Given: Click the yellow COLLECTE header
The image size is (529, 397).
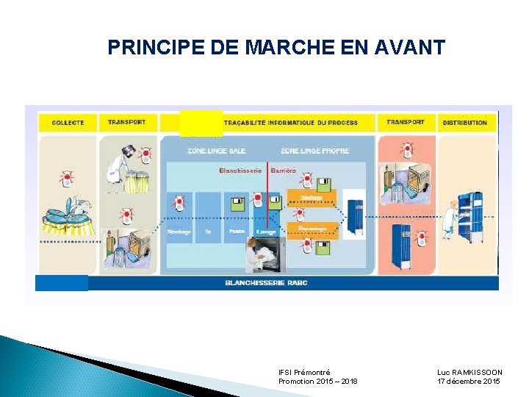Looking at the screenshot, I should [x=68, y=123].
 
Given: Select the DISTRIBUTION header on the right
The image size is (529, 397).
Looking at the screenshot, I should [x=464, y=123].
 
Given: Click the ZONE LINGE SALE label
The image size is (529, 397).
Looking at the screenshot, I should [x=216, y=151].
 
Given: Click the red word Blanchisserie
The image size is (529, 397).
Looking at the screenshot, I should [x=240, y=171].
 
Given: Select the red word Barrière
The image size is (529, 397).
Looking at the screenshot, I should [x=283, y=171].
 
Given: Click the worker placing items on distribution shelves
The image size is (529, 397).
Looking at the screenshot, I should [x=450, y=217].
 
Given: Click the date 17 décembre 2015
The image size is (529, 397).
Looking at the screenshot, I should [x=469, y=382].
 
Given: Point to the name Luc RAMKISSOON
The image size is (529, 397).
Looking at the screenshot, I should [x=469, y=373].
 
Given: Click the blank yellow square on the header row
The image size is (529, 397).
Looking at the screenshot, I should [x=201, y=123].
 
